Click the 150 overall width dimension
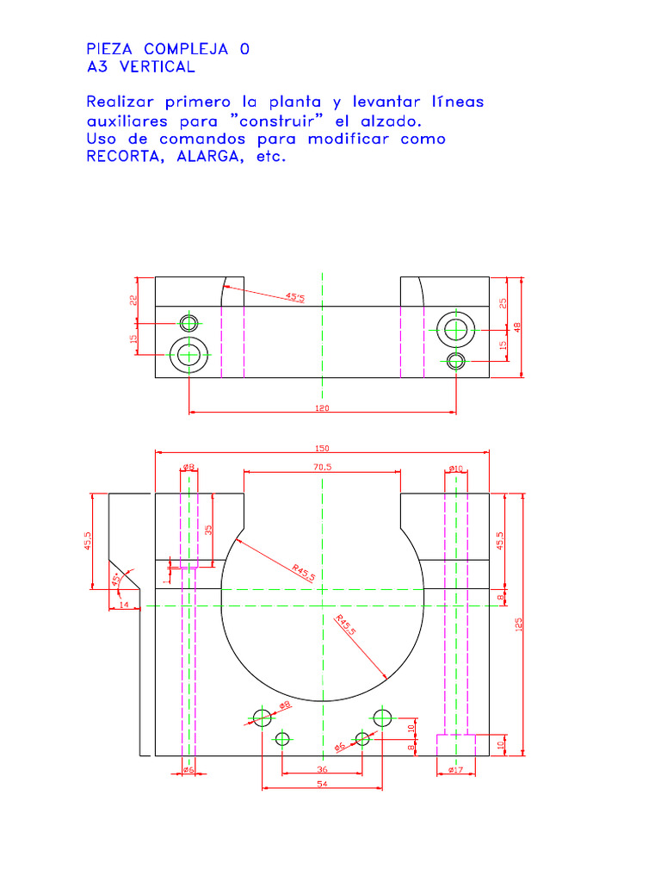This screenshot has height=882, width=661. coord(322,448)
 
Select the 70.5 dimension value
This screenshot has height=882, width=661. coord(322,467)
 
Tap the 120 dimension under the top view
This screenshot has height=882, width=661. coord(322,407)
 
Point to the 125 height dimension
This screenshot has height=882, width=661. coord(518,625)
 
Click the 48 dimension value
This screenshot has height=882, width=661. coord(517,326)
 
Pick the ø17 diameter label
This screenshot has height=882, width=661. coord(456,769)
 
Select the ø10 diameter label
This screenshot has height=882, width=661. coord(456,468)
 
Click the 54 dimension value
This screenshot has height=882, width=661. coord(322,784)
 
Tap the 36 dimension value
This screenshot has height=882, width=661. coord(322,769)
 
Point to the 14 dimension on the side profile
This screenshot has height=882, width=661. coord(124,605)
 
